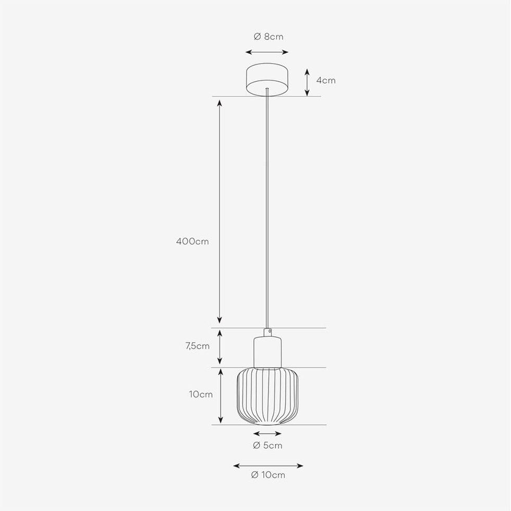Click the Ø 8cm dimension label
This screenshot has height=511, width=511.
[268, 36]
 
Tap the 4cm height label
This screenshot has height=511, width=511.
[326, 80]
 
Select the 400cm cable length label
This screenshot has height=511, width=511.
[192, 241]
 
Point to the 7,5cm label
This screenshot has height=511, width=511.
[197, 346]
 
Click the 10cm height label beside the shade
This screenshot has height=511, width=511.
[201, 394]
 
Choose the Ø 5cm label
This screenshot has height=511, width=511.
[267, 445]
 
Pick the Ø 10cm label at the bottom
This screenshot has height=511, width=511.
[268, 475]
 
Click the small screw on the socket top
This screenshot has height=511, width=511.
[269, 331]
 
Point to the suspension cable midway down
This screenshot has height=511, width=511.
[267, 209]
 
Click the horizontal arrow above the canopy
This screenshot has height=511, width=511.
[267, 52]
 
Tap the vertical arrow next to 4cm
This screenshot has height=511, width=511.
[307, 82]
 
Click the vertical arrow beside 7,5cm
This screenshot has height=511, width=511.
[220, 347]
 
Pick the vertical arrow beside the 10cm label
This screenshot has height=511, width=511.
[221, 396]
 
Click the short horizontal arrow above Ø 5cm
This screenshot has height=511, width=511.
[267, 434]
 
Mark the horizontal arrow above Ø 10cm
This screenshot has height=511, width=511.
[268, 466]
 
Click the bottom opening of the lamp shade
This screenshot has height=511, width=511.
[267, 423]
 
